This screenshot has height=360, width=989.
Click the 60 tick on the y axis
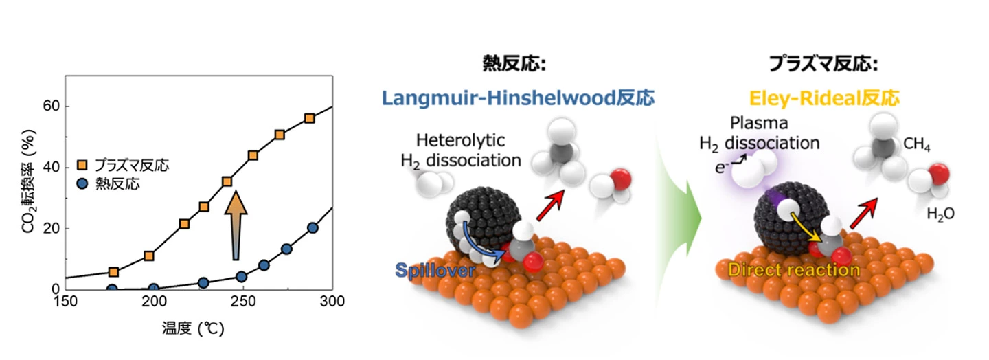tap(49, 106)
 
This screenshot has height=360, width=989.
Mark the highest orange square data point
tap(309, 118)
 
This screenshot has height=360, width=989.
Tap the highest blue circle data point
tap(312, 228)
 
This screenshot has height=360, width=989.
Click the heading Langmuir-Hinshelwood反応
tap(519, 98)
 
